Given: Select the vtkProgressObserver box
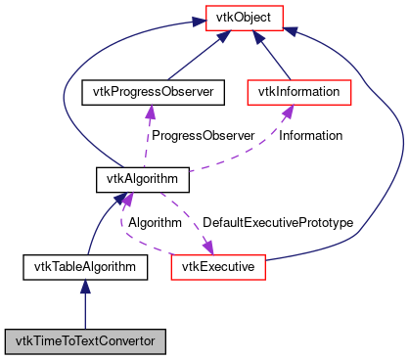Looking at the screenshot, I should (x=152, y=92).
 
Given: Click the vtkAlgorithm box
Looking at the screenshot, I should (x=142, y=179).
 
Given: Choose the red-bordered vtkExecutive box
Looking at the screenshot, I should (x=219, y=265).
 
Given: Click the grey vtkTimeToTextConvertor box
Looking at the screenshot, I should (x=85, y=341).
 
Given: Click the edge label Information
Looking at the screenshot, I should (x=310, y=136).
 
